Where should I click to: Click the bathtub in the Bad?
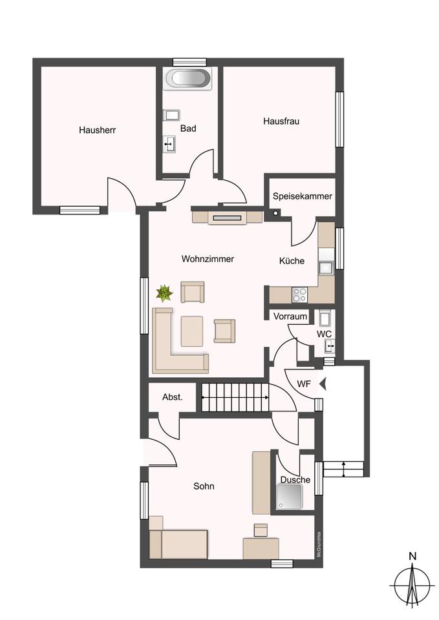point(189,78)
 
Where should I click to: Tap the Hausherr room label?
point(98,130)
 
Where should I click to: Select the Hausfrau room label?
point(281,121)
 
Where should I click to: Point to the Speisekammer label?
point(303,196)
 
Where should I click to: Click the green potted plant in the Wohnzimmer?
point(164,293)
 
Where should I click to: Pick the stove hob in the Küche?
point(299,294)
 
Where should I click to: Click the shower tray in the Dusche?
point(290,497)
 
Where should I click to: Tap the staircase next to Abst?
point(235,397)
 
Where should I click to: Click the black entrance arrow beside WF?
point(323,384)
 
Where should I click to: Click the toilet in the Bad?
point(172,115)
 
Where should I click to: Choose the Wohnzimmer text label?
point(208,259)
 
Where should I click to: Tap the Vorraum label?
point(290,316)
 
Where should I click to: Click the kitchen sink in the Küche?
point(327,267)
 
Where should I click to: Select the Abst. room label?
point(173,397)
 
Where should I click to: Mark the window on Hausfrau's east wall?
point(339,119)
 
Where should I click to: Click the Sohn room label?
point(204,486)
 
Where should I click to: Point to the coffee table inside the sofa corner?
point(192,331)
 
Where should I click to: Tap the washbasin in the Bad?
point(169,144)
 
